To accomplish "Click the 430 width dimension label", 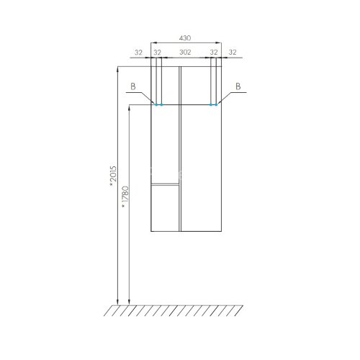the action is point(185,38).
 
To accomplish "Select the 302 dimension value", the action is point(185,52).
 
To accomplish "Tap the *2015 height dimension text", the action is point(113,176).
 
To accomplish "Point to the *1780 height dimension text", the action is point(125,197).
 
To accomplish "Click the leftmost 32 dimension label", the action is point(138,52).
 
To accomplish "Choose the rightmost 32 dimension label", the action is point(233,52).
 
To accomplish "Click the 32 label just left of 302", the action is point(157,52).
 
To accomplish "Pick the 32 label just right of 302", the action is point(214,52).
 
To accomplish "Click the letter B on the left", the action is point(133,86).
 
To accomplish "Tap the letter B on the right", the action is point(238,86).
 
